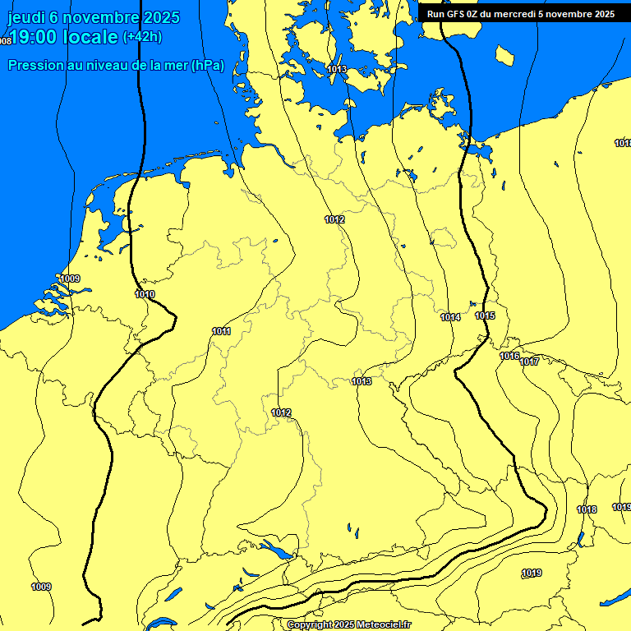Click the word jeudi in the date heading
coord(27,17)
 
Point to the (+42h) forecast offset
coord(142,37)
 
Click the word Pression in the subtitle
coord(35,66)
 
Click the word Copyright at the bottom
coord(308,625)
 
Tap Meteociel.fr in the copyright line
coord(383,625)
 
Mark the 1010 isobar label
coord(145,294)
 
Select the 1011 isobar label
coord(221,331)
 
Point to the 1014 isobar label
coord(449,317)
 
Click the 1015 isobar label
coord(485,316)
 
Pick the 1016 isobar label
coord(509,356)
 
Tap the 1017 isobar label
coord(529,362)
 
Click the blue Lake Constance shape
coord(274,548)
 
